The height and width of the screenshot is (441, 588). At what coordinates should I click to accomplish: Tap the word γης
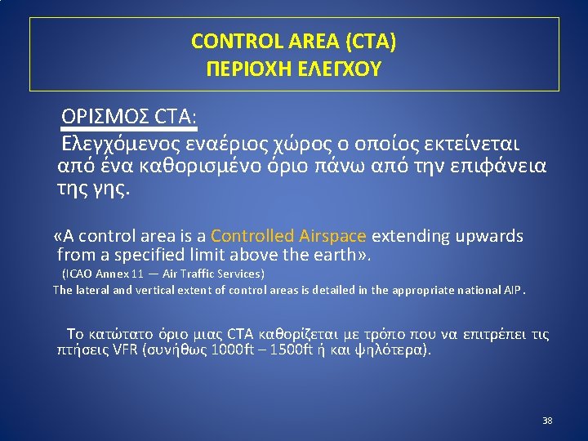114,189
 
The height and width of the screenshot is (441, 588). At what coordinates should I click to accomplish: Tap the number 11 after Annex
139,274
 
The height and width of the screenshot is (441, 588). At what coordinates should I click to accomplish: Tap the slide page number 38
547,421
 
